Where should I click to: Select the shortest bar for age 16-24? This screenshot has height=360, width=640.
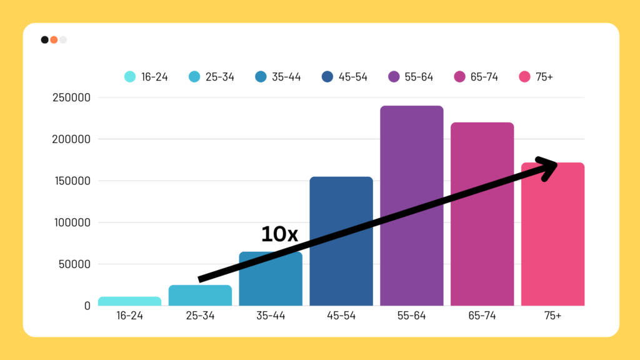coord(129,301)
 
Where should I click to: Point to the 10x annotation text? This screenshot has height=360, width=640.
coord(279,234)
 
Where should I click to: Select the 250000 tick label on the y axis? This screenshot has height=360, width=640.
coord(72,97)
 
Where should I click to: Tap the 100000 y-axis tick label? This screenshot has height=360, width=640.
coord(72,222)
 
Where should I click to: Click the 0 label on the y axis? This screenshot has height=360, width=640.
coord(87,306)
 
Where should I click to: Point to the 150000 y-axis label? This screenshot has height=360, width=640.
coord(72,181)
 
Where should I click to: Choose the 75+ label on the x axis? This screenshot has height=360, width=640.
coord(552,316)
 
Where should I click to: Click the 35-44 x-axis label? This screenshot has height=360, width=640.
coord(271,316)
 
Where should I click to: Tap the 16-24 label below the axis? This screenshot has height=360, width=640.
coord(129,316)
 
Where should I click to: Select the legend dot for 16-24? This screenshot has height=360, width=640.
coord(130,77)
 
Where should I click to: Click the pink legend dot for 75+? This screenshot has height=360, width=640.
coord(525,77)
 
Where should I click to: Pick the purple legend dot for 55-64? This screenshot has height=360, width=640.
coord(394,77)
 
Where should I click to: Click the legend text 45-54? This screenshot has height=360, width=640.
coord(353,77)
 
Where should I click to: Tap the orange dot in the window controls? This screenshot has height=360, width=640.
coord(54,40)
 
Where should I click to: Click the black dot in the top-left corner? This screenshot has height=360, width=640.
coord(44,40)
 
